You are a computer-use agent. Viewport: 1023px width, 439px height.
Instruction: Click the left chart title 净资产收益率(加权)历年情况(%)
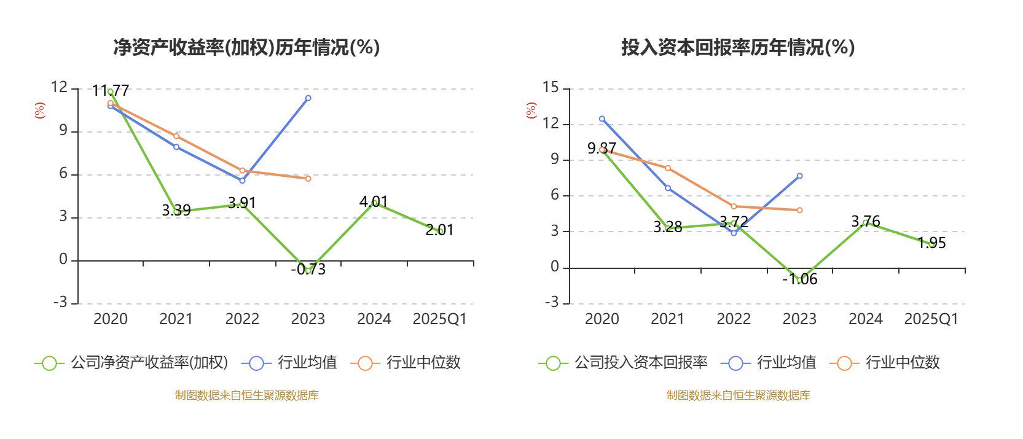click(x=246, y=47)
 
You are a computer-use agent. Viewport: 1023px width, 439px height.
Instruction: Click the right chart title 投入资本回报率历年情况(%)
click(x=738, y=47)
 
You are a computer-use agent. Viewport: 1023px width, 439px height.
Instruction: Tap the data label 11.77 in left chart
click(x=111, y=91)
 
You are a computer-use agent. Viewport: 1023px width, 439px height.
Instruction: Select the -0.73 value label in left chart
click(x=308, y=270)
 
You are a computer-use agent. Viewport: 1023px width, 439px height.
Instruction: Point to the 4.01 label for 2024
click(x=374, y=201)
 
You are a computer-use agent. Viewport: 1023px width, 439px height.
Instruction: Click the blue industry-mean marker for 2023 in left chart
click(x=308, y=98)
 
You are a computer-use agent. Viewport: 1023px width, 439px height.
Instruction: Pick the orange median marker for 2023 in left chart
click(x=308, y=179)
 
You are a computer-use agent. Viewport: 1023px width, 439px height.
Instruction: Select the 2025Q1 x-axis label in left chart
click(x=439, y=319)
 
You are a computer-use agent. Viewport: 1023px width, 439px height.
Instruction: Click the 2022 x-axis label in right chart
click(x=734, y=319)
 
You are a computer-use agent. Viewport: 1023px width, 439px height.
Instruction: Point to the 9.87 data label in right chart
click(x=602, y=148)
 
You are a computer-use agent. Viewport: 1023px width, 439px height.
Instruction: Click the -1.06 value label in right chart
click(x=799, y=279)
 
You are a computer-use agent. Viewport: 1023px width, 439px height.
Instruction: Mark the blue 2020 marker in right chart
click(x=602, y=119)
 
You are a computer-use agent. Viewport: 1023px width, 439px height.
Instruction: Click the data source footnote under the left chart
click(x=246, y=395)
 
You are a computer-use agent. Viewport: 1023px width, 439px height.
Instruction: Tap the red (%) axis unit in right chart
click(x=531, y=111)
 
